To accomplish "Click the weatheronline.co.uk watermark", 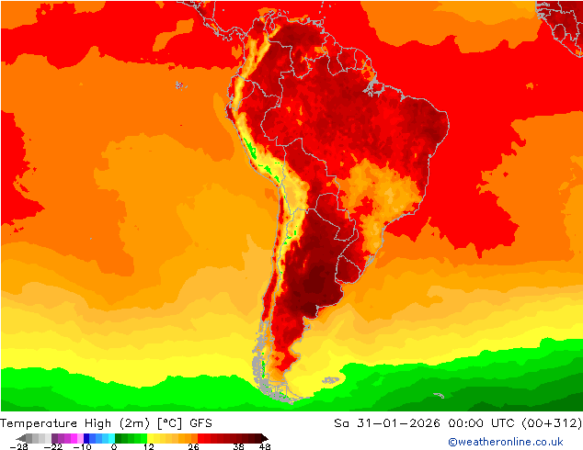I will click(505, 442).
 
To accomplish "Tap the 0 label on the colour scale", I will click(114, 446).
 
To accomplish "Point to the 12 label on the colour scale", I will click(148, 446).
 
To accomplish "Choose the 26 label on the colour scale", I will click(192, 446).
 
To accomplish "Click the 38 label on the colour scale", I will click(239, 446).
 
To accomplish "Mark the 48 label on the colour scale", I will click(265, 446).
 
